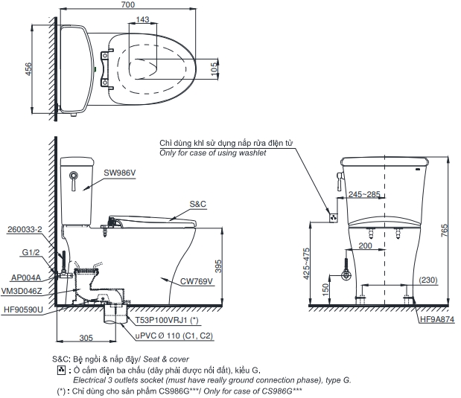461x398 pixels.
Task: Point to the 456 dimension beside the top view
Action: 29,70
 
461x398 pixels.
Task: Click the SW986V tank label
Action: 119,173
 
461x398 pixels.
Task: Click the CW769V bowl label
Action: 197,281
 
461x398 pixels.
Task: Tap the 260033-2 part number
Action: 24,229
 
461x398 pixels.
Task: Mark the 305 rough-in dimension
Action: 86,338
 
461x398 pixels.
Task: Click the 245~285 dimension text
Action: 364,195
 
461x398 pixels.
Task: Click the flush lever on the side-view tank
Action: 74,176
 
